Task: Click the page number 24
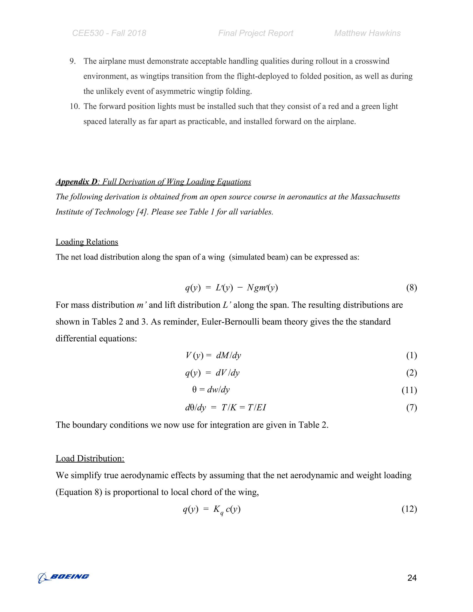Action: (412, 578)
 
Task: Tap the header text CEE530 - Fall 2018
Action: (109, 33)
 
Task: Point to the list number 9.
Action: (72, 61)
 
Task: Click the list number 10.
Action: (75, 106)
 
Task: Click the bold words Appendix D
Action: (76, 182)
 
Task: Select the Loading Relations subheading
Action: (87, 242)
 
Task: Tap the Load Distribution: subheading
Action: (90, 458)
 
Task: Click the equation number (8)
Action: (411, 288)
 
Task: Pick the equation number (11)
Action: (409, 390)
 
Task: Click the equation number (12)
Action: (409, 509)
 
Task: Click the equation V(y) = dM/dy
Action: (213, 355)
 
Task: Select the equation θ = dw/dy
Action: (211, 390)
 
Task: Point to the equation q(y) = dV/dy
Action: (212, 373)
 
